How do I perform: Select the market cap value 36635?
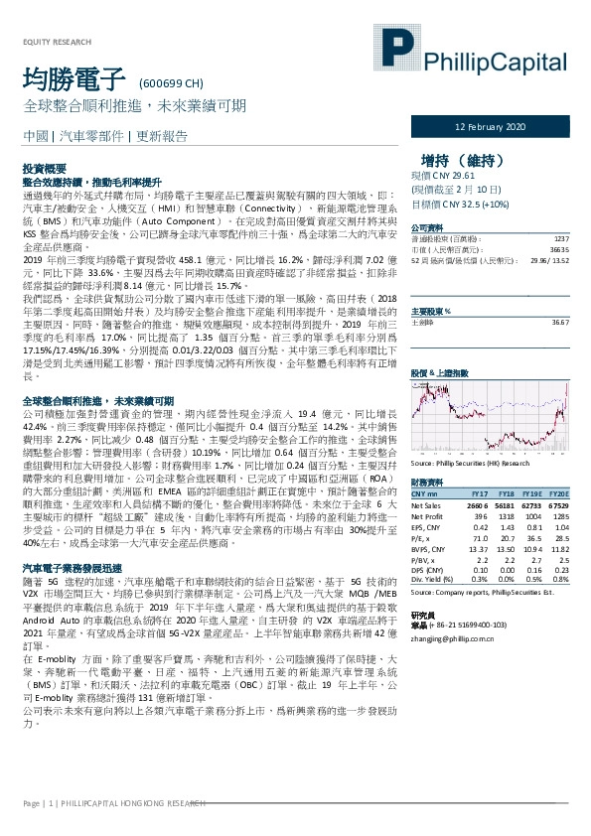(560, 250)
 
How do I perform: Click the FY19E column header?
(534, 494)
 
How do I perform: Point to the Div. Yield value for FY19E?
(534, 578)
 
